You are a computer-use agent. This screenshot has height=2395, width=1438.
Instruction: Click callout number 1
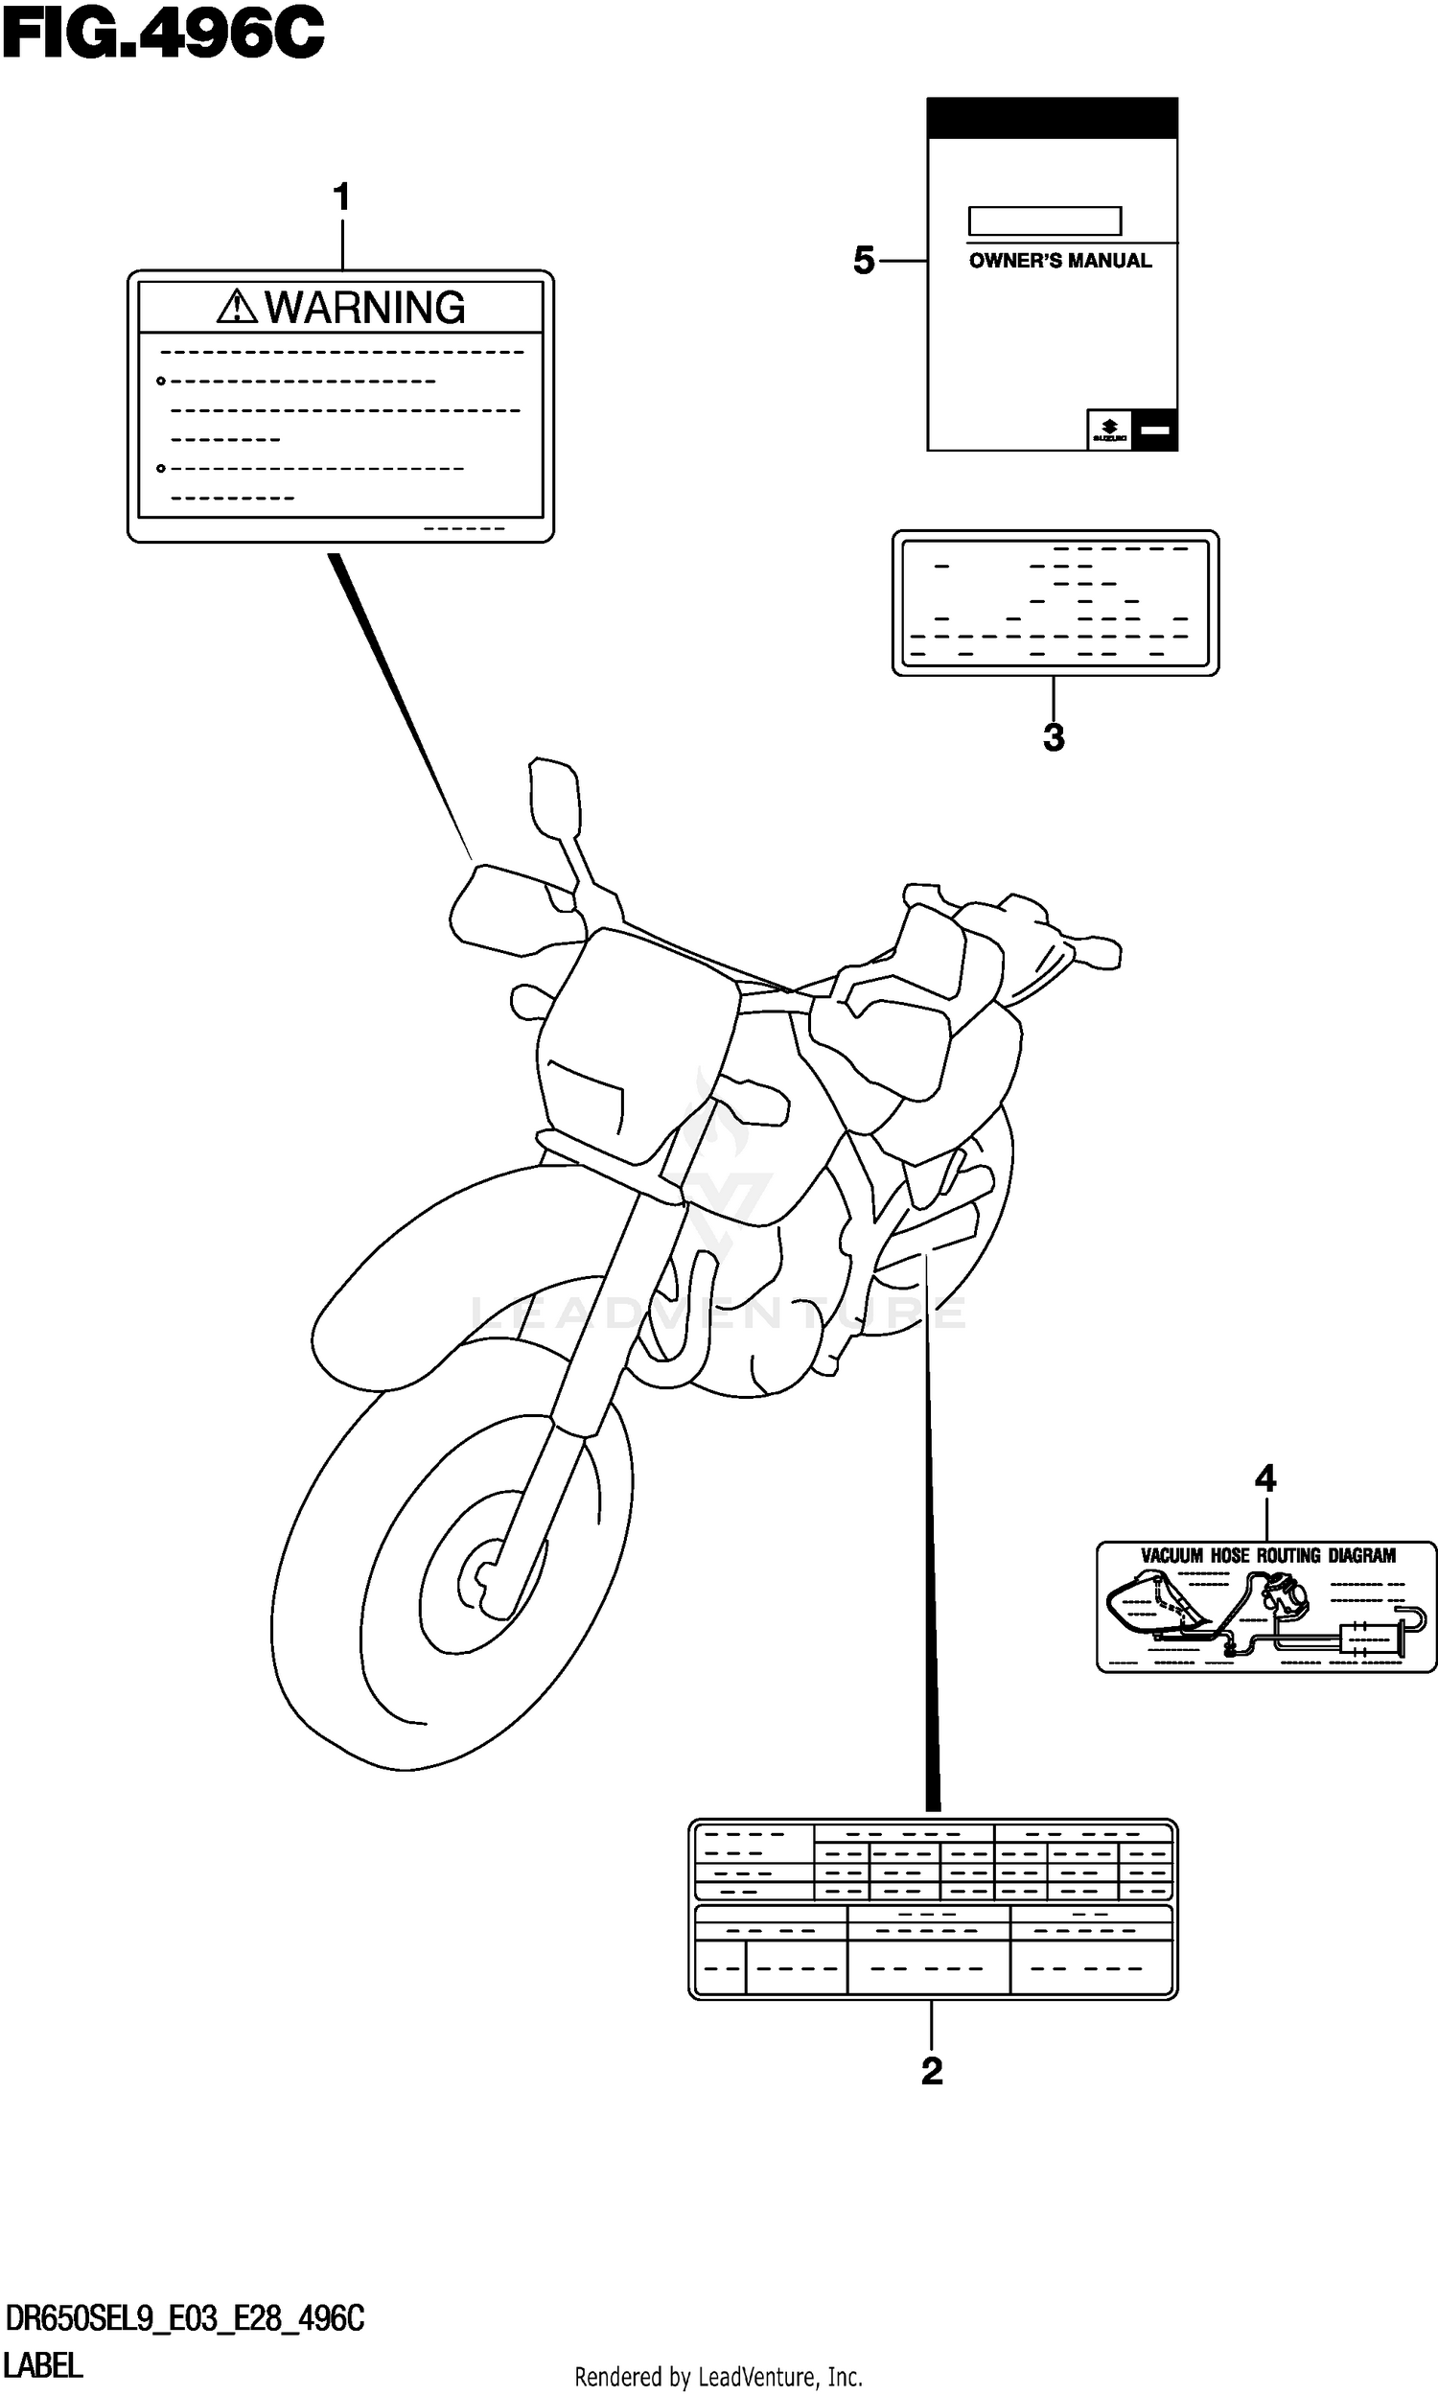coord(341,198)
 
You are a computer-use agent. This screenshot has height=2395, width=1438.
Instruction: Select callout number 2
coord(931,2071)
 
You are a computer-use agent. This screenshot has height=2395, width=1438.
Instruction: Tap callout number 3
coord(1054,737)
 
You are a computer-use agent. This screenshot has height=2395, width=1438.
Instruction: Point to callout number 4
coord(1265,1478)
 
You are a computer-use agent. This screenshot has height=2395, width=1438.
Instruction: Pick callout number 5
coord(864,261)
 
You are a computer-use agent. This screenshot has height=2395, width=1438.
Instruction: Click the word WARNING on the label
coord(365,308)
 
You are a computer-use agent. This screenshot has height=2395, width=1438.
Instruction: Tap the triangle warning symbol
coord(237,307)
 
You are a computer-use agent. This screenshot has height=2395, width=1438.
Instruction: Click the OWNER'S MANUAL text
coord(1060,261)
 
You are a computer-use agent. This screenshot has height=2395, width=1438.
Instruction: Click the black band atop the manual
coord(1053,118)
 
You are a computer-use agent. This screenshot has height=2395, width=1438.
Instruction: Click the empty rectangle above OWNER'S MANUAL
coord(1045,221)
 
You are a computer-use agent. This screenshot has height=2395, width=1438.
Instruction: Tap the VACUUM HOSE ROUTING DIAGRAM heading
coord(1267,1556)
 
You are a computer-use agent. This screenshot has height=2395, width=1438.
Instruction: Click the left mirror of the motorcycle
coord(554,798)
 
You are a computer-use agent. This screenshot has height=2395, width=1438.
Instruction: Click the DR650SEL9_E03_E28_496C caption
coord(184,2318)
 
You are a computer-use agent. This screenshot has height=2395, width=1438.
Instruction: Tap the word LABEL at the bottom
coord(43,2365)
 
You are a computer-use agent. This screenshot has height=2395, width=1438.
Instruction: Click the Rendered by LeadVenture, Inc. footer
coord(718,2377)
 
